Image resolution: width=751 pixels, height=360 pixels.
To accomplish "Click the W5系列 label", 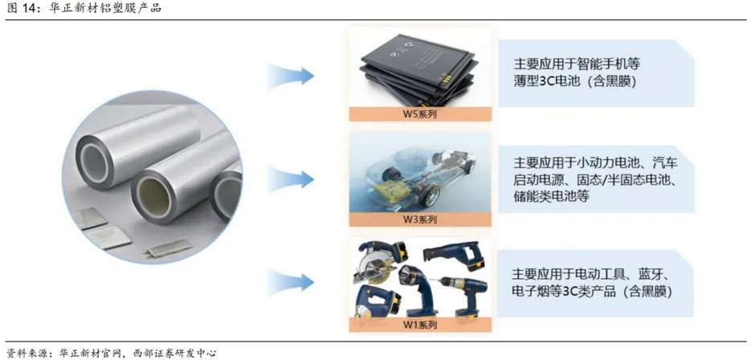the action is (420, 114).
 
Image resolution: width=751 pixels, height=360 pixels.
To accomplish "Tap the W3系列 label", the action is (420, 220).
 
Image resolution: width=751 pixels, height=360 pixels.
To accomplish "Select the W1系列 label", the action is (420, 325).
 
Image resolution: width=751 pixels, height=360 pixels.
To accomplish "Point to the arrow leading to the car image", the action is (291, 179).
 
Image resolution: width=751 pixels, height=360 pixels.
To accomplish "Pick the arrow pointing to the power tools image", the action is (291, 282).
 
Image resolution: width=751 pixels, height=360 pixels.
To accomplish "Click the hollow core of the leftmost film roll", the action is (91, 158).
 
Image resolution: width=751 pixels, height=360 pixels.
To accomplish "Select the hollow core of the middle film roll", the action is (155, 195).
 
